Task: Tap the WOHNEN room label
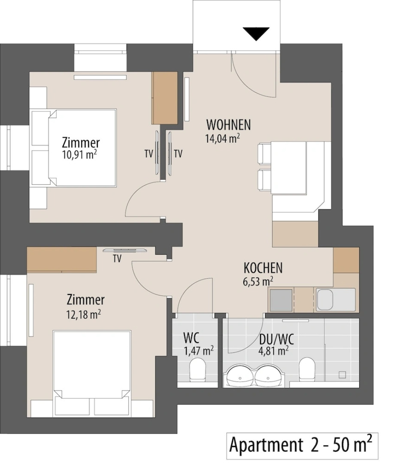point(228,125)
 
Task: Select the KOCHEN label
point(263,268)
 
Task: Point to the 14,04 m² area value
point(222,138)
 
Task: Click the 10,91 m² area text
point(79,155)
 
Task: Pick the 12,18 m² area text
point(84,314)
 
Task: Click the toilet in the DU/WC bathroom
point(307,368)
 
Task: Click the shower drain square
point(342,375)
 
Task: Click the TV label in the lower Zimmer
point(117,259)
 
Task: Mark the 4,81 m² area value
point(274,351)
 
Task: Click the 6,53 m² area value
point(258,281)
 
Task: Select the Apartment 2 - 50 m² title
point(300,445)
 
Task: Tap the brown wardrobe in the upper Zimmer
point(165,98)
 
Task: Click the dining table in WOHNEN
point(289,168)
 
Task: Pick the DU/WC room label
point(276,340)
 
